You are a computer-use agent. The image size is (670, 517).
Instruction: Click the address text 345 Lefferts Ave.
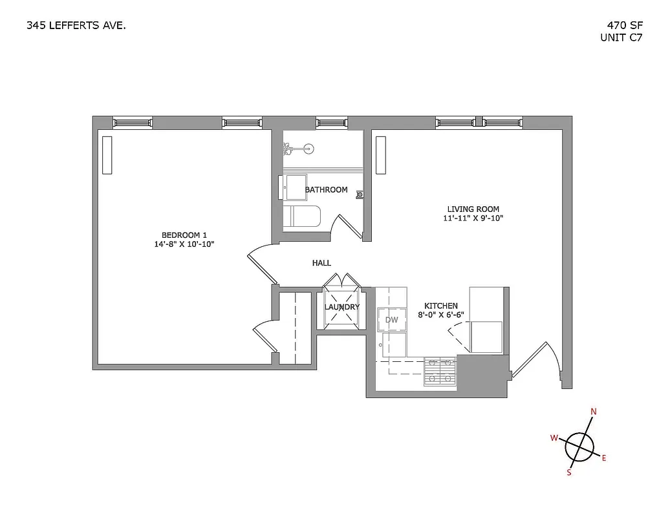click(76, 26)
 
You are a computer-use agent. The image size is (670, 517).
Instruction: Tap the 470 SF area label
click(619, 26)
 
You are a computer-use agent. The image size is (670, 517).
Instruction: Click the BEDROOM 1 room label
click(184, 235)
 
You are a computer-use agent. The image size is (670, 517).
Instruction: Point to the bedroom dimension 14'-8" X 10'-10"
click(184, 244)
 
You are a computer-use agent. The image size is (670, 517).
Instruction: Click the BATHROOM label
click(326, 190)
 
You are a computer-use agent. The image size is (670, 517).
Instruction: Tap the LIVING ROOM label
click(473, 209)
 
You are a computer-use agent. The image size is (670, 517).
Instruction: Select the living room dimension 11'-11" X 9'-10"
click(473, 218)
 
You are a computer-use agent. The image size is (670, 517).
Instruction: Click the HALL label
click(321, 263)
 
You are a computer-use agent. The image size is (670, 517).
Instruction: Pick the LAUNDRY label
click(341, 307)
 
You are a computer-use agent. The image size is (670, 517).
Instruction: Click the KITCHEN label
click(440, 306)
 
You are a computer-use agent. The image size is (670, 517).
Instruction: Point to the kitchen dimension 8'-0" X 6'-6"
click(440, 315)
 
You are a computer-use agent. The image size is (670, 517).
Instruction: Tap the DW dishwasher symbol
click(391, 319)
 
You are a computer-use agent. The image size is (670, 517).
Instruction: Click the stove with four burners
click(440, 372)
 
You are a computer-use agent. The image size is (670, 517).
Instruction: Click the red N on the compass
click(594, 412)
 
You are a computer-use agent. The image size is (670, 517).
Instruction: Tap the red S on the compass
click(569, 472)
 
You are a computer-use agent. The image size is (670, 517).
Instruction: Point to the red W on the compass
click(554, 438)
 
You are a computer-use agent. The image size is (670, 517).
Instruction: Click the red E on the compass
click(604, 458)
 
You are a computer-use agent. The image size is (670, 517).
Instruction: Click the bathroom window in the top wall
click(332, 122)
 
